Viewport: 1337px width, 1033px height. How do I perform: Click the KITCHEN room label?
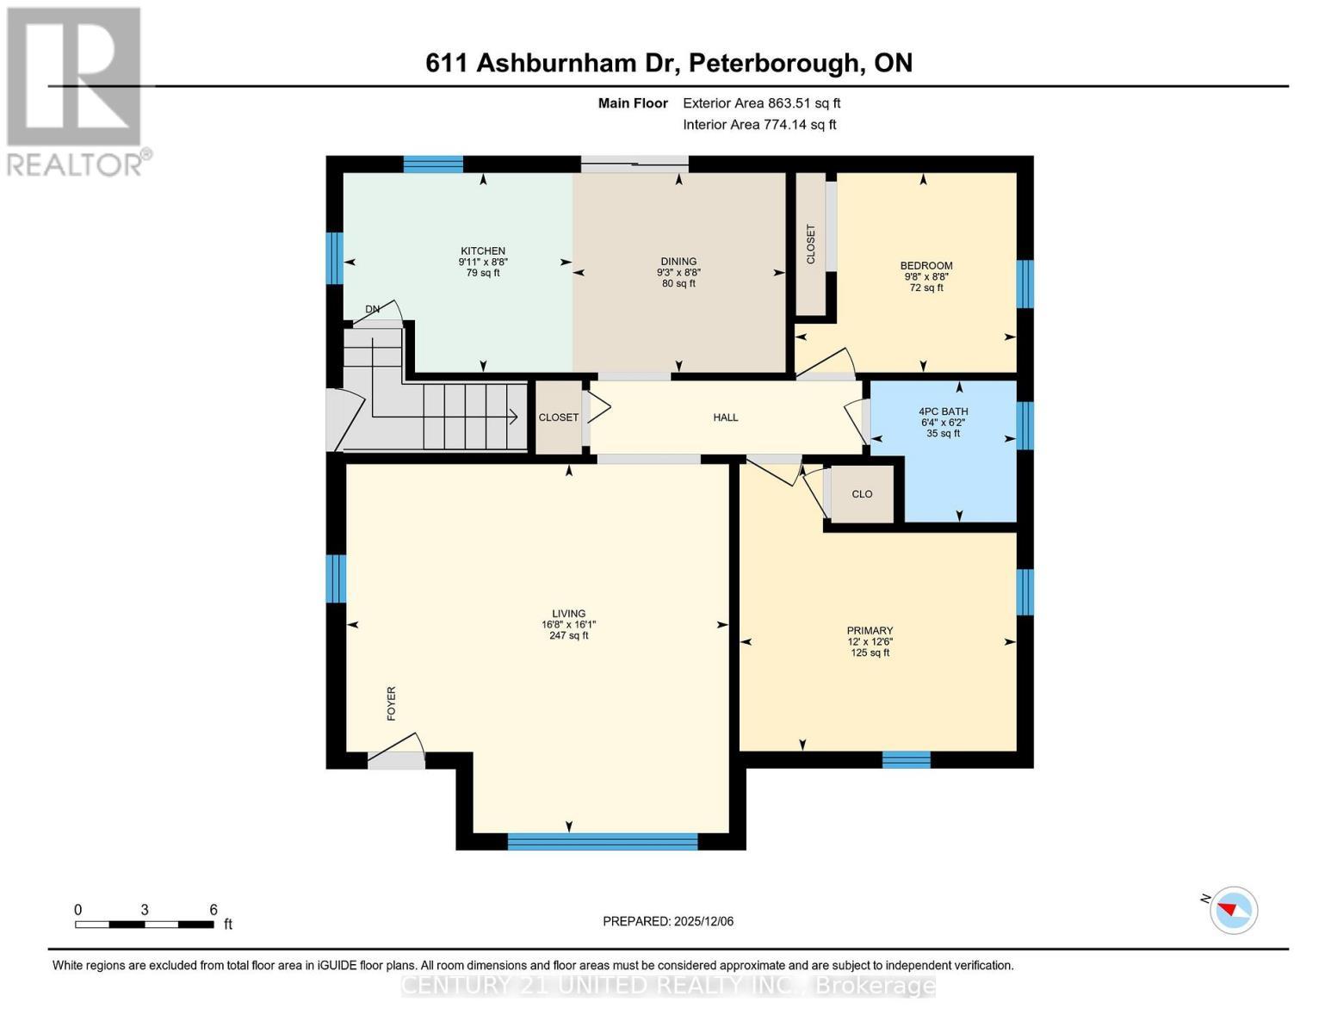(481, 251)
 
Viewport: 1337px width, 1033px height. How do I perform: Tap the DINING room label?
(678, 261)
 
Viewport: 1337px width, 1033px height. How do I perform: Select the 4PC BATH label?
(944, 411)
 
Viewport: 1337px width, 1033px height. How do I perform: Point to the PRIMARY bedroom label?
(870, 630)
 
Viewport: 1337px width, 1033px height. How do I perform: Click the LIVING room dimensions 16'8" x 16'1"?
(568, 625)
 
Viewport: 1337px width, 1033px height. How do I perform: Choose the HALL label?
(725, 418)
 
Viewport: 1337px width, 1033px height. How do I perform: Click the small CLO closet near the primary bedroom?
(862, 494)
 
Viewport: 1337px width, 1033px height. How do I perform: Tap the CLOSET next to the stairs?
(559, 418)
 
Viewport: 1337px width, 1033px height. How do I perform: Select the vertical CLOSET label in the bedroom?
(810, 244)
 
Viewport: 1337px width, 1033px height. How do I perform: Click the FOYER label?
(391, 702)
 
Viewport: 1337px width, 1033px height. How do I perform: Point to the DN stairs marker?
(372, 309)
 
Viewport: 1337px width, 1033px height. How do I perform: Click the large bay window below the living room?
(602, 841)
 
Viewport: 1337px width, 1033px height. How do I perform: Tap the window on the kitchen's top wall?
(433, 164)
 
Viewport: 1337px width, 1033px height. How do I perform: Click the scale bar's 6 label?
(213, 910)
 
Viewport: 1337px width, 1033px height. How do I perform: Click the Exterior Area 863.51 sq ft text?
(761, 103)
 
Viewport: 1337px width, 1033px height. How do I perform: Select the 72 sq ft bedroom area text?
(926, 288)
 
